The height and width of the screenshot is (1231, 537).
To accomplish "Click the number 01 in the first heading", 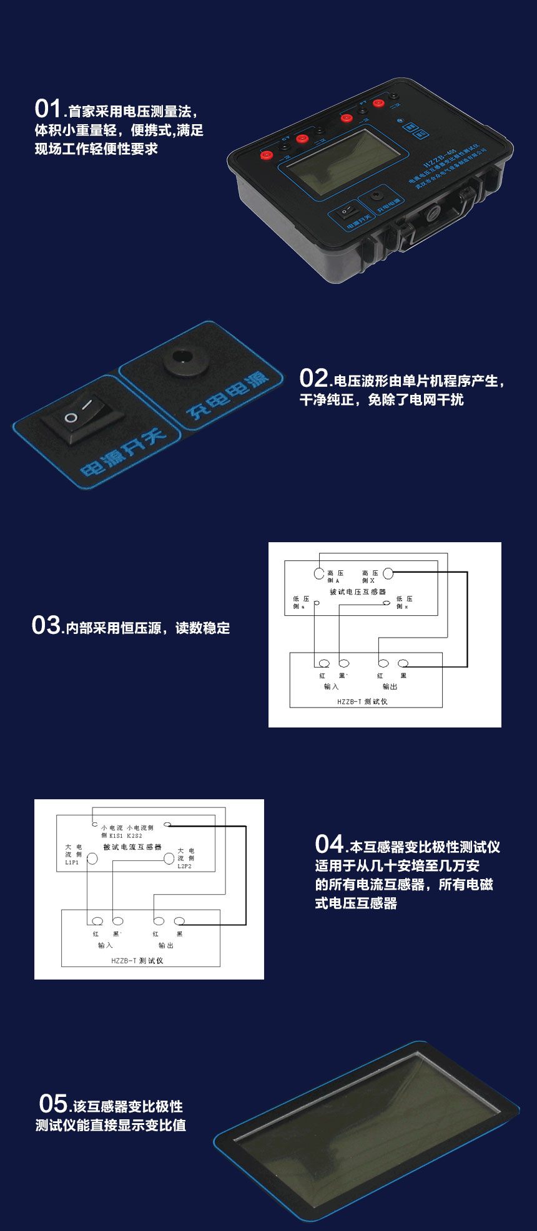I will [x=47, y=109].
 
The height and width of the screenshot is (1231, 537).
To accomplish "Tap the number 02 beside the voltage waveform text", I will [x=313, y=378].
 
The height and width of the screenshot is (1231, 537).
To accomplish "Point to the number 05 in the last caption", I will [x=53, y=1104].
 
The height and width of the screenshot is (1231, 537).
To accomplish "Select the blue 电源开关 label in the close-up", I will [x=122, y=451].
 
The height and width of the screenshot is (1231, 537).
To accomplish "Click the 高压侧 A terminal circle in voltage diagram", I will [x=318, y=573].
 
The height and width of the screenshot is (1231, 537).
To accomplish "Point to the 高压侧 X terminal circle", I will [x=388, y=573].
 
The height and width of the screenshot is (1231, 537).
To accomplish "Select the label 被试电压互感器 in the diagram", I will [x=358, y=591].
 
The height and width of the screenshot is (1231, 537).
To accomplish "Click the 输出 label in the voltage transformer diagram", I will [x=390, y=686].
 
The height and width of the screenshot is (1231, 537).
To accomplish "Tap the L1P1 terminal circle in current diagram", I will [x=92, y=859].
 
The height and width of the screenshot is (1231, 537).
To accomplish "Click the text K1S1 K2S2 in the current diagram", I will [x=126, y=835].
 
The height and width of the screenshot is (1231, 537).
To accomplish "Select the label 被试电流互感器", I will [x=132, y=847].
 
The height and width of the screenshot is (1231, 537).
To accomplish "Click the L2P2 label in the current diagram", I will [x=184, y=867].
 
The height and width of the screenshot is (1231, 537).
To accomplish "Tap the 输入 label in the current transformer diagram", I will [x=105, y=945].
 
